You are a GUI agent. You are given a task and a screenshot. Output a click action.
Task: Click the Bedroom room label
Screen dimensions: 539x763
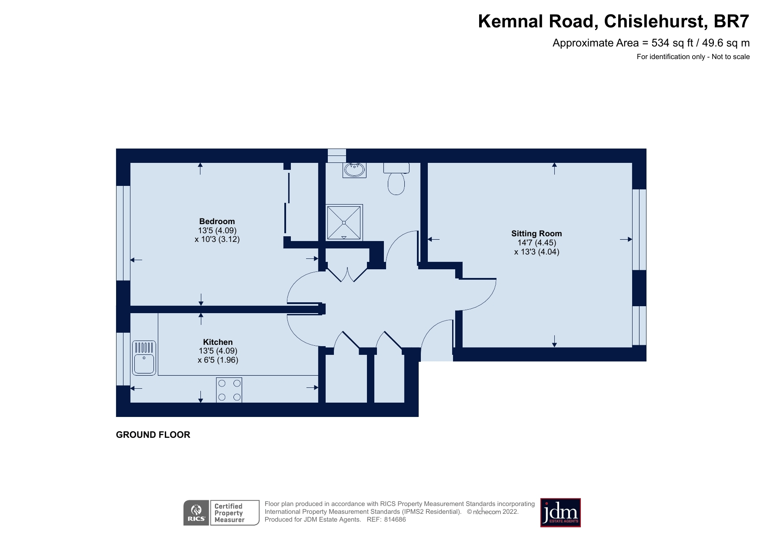217,222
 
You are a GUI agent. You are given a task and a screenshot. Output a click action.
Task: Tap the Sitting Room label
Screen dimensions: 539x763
536,234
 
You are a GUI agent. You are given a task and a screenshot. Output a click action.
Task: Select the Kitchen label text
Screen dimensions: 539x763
218,342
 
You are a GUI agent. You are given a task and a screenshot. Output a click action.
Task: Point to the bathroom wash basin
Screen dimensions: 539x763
354,170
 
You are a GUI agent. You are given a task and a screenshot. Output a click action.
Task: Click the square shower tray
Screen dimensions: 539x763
344,222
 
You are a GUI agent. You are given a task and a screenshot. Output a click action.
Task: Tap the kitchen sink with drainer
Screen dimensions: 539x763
144,358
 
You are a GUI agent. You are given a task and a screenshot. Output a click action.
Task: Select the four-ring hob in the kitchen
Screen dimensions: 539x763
229,390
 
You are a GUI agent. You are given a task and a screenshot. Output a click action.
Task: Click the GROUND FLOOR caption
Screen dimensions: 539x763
153,435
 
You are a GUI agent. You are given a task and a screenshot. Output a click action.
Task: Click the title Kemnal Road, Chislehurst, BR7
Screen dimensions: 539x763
613,21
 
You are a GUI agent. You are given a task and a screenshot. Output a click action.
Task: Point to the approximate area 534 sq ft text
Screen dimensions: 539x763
651,43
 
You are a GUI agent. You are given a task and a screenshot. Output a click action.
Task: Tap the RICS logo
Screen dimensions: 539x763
197,513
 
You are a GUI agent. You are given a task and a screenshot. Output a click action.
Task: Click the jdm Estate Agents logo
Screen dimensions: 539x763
560,513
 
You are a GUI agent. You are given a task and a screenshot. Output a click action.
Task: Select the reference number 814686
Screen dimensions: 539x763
395,519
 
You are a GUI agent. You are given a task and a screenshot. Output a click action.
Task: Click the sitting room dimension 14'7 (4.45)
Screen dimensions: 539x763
536,243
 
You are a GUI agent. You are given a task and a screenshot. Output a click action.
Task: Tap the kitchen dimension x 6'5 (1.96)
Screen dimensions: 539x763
218,360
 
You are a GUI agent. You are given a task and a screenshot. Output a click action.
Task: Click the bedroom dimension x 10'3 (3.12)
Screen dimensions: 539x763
217,239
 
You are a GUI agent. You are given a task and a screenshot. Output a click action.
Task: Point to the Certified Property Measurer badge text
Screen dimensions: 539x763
230,513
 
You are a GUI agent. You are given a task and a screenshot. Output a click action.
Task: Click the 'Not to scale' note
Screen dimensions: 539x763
730,57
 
